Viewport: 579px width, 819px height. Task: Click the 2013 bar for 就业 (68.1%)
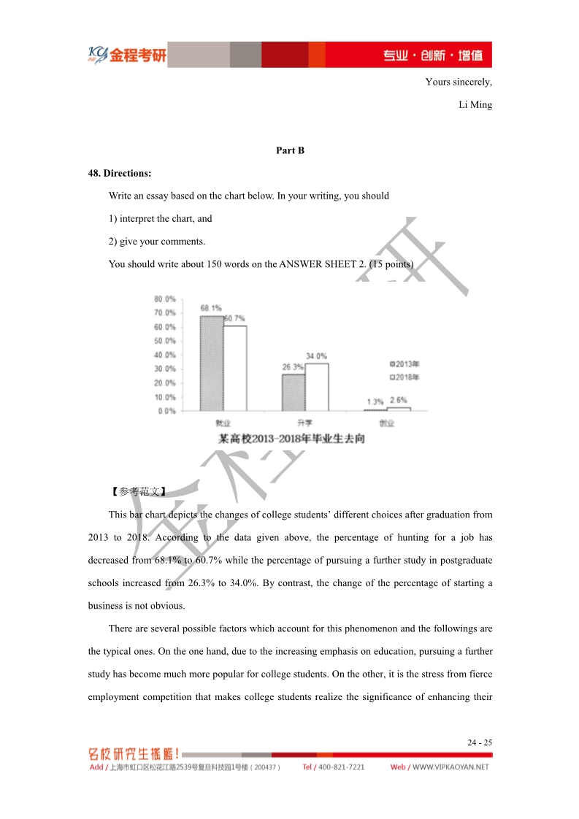coord(212,363)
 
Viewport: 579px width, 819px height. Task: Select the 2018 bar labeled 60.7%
coord(234,368)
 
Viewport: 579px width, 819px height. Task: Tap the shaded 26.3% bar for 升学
coord(294,392)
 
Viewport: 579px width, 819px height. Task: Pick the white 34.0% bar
coord(316,387)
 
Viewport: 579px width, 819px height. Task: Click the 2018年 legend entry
coord(404,377)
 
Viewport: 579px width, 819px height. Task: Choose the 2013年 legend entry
coord(404,364)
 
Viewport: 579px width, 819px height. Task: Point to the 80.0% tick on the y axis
coord(165,299)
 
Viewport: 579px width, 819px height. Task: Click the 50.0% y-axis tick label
coord(165,341)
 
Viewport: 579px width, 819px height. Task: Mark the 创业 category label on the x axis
coord(386,423)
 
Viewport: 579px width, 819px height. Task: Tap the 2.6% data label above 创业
coord(399,400)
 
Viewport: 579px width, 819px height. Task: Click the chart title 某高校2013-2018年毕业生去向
coord(291,439)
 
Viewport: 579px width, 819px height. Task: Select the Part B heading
coord(290,150)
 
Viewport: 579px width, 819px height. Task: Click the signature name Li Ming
coord(475,105)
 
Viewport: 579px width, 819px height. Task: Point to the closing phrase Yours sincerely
coord(459,82)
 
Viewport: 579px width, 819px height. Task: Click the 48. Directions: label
coord(120,174)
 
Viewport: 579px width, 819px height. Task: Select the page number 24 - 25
coord(480,743)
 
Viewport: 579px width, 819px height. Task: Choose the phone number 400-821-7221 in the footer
coord(340,767)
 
